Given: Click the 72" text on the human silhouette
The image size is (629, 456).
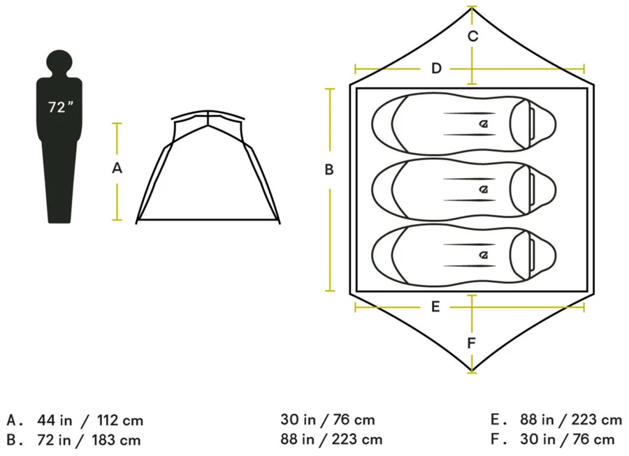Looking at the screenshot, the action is (x=61, y=107).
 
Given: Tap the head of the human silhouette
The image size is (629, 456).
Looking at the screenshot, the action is (x=60, y=62).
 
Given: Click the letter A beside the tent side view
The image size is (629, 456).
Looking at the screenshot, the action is (x=117, y=168).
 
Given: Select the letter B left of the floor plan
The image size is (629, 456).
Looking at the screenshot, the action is (x=329, y=170).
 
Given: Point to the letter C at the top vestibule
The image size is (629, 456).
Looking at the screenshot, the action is (x=473, y=36).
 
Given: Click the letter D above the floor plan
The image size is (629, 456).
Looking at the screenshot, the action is (x=436, y=68).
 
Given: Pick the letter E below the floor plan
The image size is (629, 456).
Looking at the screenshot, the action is (x=435, y=307).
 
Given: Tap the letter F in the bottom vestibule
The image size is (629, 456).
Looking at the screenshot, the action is (x=472, y=343).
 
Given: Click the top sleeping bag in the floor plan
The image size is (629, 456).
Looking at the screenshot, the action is (x=464, y=124).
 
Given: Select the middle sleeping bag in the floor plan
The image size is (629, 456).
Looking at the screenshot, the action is (x=464, y=189).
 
